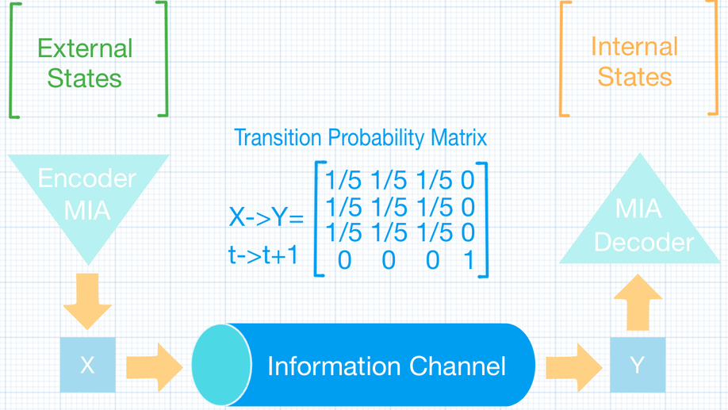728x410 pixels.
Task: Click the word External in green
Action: click(x=85, y=48)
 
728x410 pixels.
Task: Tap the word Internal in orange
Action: click(x=634, y=47)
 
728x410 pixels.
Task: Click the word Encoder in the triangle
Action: click(x=86, y=178)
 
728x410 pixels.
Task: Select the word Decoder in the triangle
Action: click(x=644, y=243)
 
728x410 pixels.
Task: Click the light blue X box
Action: click(x=88, y=365)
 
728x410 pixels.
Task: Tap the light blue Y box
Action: click(x=638, y=365)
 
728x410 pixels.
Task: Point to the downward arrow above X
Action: click(x=87, y=301)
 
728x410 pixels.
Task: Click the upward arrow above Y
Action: click(x=638, y=302)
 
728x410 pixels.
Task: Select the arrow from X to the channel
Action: click(x=155, y=367)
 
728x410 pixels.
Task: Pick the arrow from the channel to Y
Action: click(x=574, y=367)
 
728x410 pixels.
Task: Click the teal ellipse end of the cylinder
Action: click(x=221, y=366)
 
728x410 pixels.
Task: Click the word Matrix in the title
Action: click(x=458, y=137)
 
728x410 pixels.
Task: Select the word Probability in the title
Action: click(x=376, y=138)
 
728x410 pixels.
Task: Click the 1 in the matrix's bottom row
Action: click(x=469, y=260)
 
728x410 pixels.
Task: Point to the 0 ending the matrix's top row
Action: click(x=468, y=180)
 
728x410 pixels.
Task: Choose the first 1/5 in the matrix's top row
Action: click(x=343, y=180)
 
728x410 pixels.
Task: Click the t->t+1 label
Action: click(x=262, y=255)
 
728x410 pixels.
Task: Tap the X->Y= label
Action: click(x=266, y=216)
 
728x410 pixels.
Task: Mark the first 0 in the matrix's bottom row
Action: click(x=344, y=260)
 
